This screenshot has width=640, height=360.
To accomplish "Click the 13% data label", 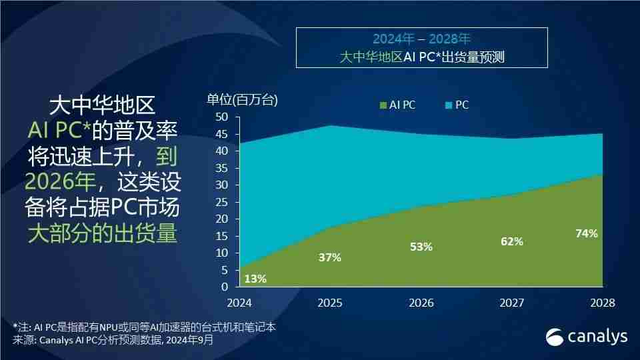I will tap(255, 279).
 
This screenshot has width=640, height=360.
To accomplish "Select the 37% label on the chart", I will tap(329, 257).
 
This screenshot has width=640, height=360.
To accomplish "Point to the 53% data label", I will tap(421, 247).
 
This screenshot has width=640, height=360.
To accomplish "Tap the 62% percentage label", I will tap(511, 241).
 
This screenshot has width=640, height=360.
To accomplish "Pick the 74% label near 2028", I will tap(586, 233).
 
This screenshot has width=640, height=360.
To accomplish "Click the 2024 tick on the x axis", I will tap(239, 303).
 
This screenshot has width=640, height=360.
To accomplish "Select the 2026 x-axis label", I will tap(421, 303).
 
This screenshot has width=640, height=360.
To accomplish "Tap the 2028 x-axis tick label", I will tap(602, 303).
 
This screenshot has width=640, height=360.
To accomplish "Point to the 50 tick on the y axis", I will tap(222, 117).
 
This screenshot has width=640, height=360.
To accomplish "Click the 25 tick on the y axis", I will tap(222, 202).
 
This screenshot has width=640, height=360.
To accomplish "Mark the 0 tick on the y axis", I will tap(225, 287).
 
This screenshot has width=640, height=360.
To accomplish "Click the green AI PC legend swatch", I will tap(383, 105).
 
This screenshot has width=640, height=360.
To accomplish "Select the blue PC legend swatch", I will tap(449, 105).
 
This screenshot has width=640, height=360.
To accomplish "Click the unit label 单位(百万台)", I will tap(242, 101).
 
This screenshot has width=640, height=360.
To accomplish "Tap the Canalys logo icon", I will tap(555, 337).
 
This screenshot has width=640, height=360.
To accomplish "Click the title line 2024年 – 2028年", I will tap(421, 39).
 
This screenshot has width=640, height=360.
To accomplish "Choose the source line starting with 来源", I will tap(113, 339).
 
